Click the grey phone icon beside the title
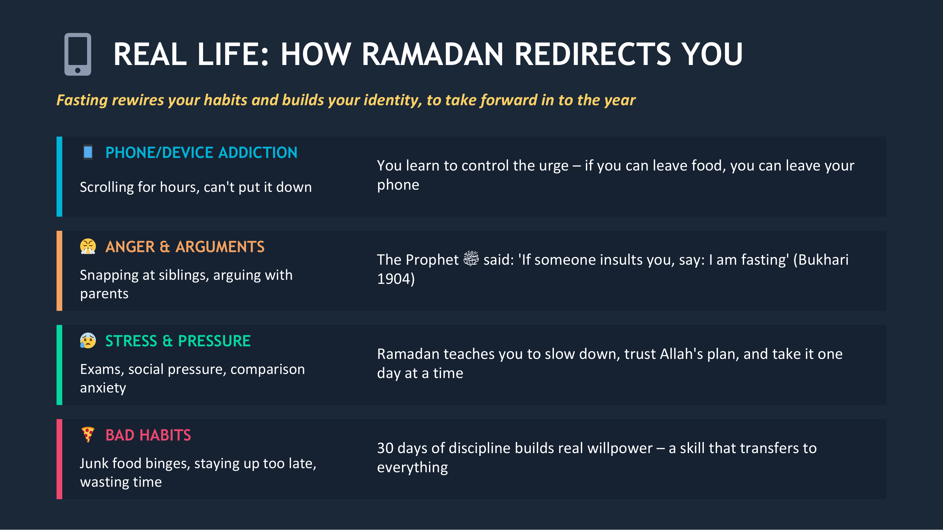click(x=78, y=54)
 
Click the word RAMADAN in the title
click(x=432, y=54)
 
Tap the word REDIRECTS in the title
click(x=593, y=54)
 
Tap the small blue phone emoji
click(x=88, y=152)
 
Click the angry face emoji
click(x=88, y=246)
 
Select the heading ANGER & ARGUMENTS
click(x=185, y=247)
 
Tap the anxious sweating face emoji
click(x=88, y=341)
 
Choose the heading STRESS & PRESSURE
click(x=178, y=341)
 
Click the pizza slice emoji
click(x=88, y=435)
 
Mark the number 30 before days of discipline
click(x=385, y=448)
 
